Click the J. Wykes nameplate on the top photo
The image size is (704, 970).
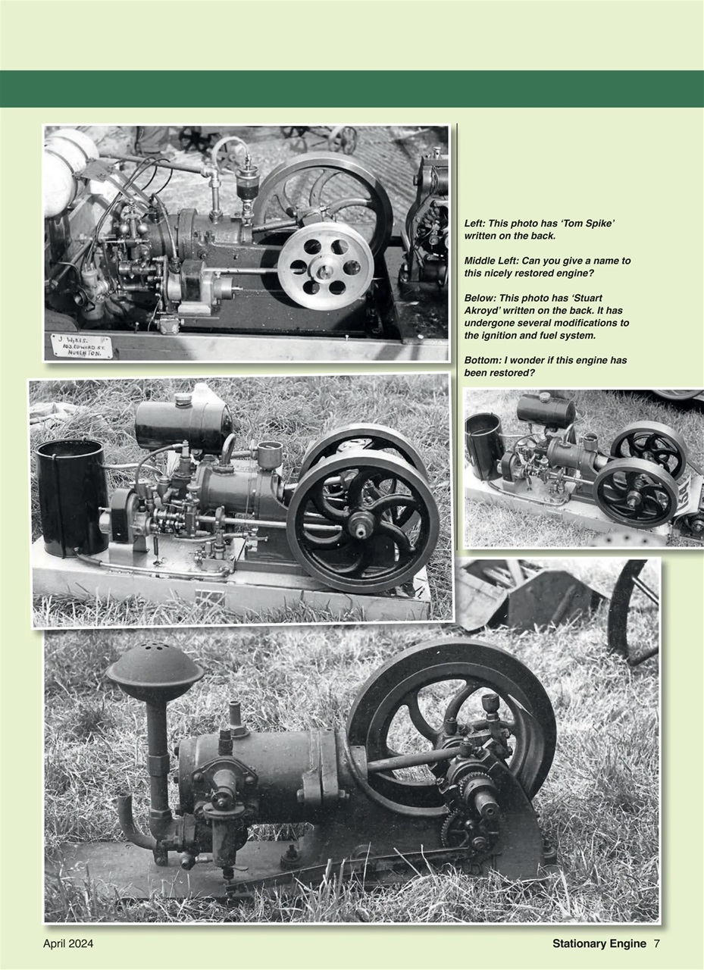coord(81,346)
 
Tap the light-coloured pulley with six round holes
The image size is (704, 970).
coord(325,266)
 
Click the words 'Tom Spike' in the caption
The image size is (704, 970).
coord(583,224)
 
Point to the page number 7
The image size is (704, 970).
coord(657,943)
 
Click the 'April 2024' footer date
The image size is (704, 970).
coord(68,943)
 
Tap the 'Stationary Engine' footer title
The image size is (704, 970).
coord(599,943)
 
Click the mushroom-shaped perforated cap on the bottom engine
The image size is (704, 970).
coord(155,667)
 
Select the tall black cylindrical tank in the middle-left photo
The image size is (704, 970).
coord(72,496)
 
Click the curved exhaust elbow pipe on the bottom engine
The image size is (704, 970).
coord(135,822)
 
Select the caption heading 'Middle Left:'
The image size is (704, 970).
coord(491,261)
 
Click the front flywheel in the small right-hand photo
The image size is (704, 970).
coord(635,493)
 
